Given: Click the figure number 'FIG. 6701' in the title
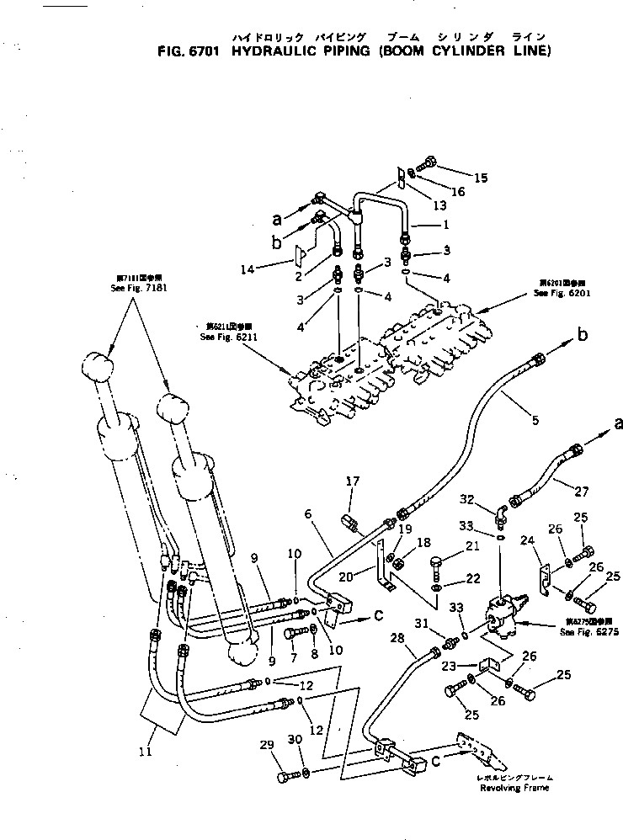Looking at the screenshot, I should point(189,51).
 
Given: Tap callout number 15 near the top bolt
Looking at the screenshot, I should point(481,178).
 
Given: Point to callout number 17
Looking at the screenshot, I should point(353,481).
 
